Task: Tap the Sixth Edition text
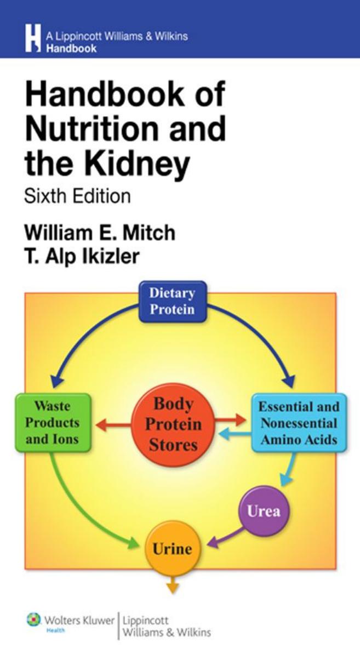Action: [77, 196]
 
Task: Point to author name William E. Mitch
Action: [99, 232]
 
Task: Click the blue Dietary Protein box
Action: [172, 300]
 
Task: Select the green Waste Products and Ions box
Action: [53, 423]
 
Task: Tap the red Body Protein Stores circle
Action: [173, 423]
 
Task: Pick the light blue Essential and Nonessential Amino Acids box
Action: [299, 423]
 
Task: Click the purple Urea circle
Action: [264, 512]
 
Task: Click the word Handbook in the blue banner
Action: [72, 48]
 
